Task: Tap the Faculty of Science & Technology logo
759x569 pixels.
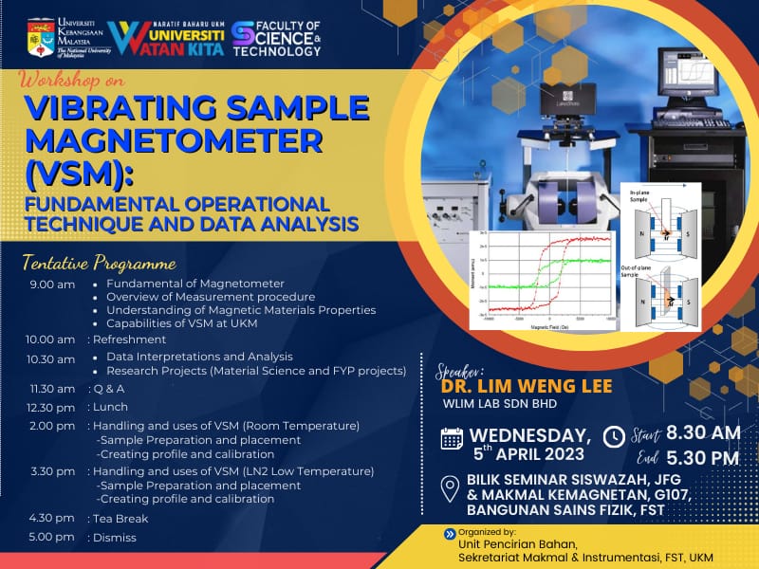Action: pyautogui.click(x=276, y=38)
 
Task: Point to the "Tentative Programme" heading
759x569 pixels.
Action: pyautogui.click(x=100, y=263)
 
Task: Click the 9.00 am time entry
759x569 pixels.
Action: pyautogui.click(x=52, y=284)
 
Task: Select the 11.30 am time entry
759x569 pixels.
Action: pyautogui.click(x=52, y=389)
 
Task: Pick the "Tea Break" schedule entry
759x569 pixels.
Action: pyautogui.click(x=120, y=519)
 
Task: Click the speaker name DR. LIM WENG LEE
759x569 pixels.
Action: pyautogui.click(x=522, y=387)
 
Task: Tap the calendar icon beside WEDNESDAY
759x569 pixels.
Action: pyautogui.click(x=453, y=438)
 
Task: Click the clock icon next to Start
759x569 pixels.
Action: pyautogui.click(x=614, y=436)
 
